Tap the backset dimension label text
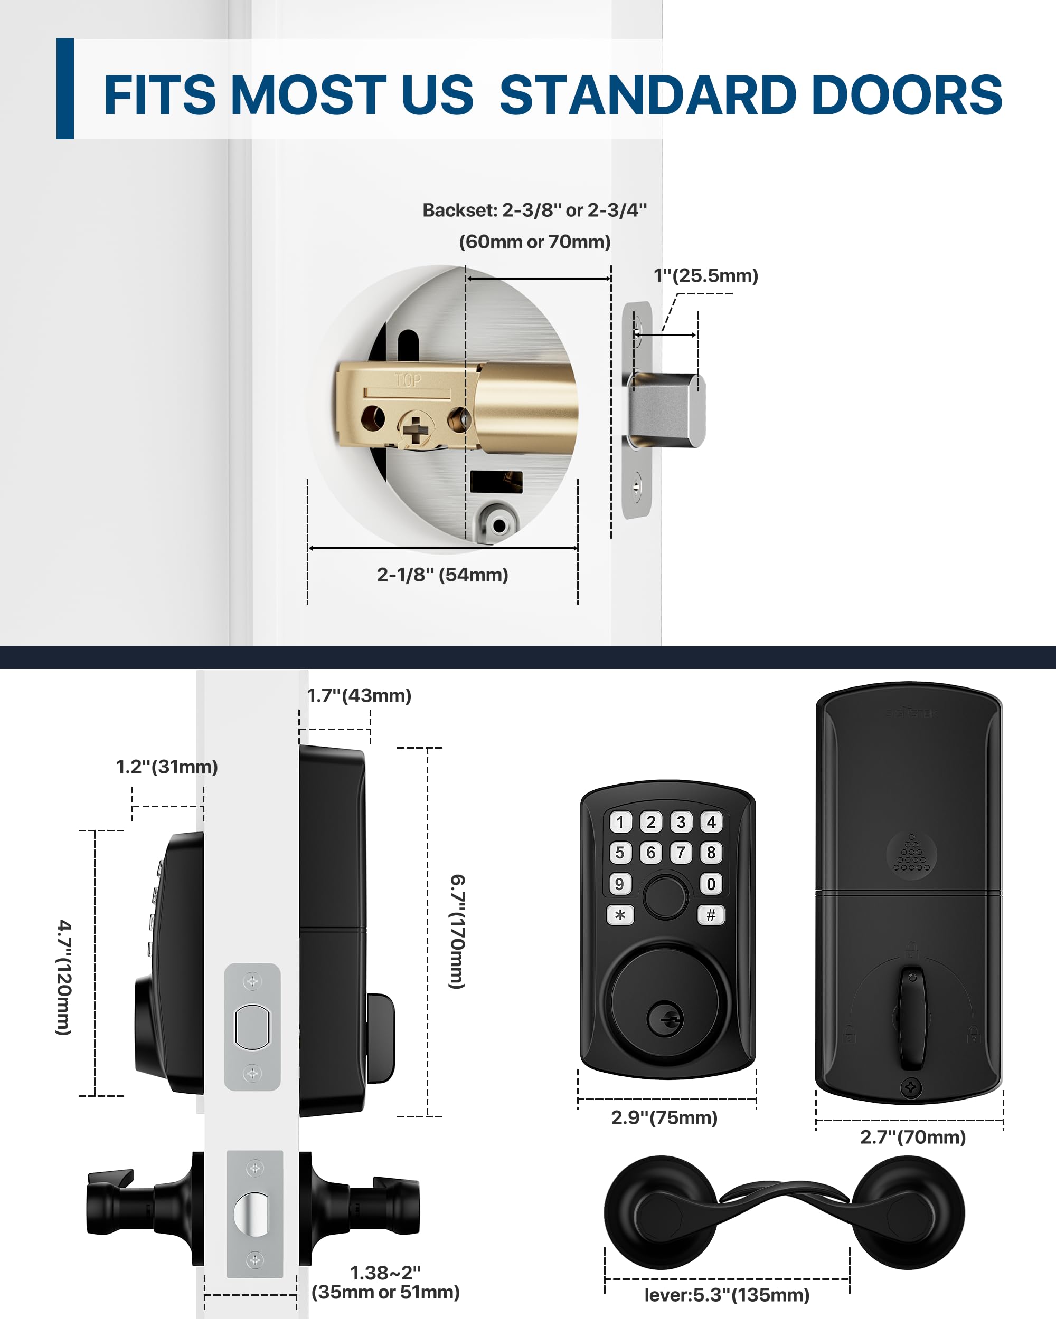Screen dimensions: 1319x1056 [x=534, y=225]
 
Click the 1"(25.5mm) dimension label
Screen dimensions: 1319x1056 [x=706, y=276]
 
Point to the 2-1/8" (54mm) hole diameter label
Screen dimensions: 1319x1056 [x=442, y=575]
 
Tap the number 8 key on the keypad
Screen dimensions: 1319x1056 [x=711, y=853]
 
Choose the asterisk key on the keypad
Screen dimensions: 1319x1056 [x=620, y=915]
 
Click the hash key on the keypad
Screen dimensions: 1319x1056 [x=711, y=915]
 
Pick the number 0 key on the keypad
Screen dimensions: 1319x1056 [x=711, y=884]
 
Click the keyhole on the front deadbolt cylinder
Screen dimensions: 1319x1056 [x=665, y=1020]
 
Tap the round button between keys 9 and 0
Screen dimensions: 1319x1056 [x=665, y=897]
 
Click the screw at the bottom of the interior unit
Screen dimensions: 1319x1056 [x=911, y=1088]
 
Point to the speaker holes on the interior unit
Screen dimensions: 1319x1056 [x=911, y=854]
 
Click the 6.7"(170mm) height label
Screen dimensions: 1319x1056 [x=457, y=931]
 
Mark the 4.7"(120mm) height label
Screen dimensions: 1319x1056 [x=64, y=977]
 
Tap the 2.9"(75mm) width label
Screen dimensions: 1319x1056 [x=664, y=1118]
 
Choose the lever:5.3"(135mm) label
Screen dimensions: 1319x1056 [x=727, y=1295]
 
